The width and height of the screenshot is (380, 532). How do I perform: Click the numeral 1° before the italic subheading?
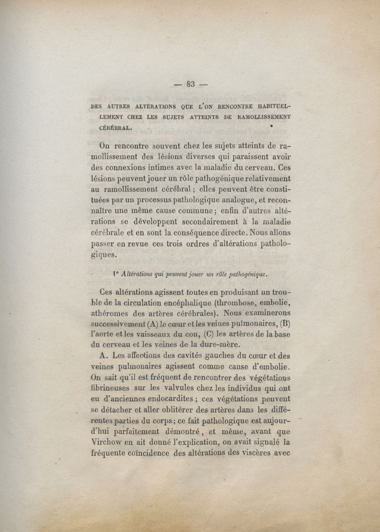pyautogui.click(x=115, y=274)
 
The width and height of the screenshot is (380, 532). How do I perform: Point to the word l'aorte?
pyautogui.click(x=101, y=335)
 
